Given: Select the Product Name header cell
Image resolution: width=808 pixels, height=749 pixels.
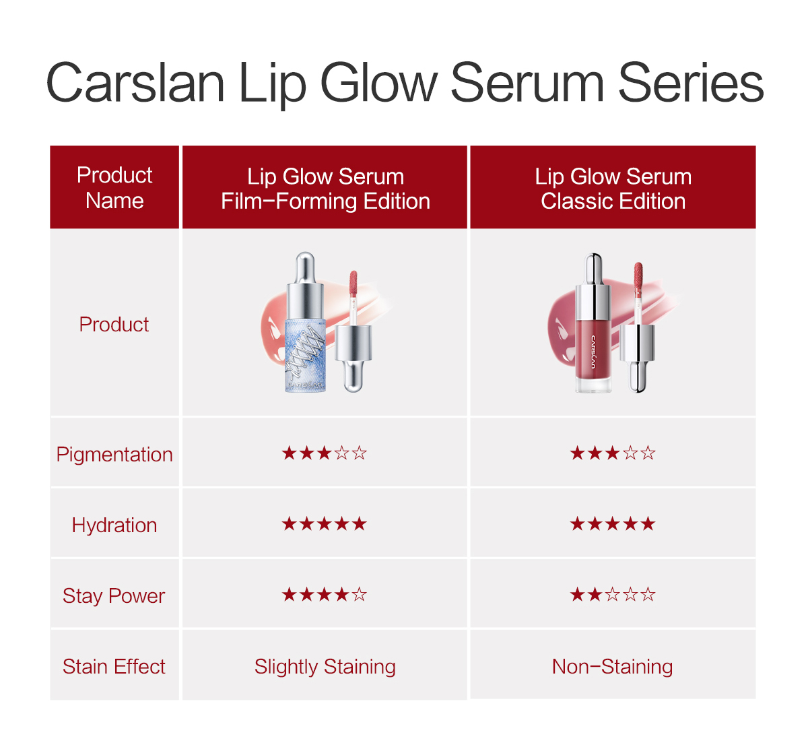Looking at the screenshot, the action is click(114, 187).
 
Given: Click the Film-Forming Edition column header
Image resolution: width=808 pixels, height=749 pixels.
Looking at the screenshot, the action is click(325, 187).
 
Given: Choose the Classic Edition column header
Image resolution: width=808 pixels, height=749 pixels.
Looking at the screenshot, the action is click(613, 187).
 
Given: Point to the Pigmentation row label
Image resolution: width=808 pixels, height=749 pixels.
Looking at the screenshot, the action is click(114, 454).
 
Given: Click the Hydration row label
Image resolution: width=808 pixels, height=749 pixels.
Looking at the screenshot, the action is click(114, 525).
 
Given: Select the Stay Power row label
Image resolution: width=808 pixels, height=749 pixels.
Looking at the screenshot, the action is click(114, 596).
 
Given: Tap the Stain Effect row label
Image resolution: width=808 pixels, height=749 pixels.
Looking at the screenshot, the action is click(114, 666).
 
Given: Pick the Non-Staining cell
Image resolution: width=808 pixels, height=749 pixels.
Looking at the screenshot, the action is click(612, 666).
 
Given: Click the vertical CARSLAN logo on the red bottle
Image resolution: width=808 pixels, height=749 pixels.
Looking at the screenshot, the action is click(593, 352).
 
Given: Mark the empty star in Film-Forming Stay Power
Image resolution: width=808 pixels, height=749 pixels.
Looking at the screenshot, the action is click(360, 594).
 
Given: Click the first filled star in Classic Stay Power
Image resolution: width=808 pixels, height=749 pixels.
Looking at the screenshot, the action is click(577, 594).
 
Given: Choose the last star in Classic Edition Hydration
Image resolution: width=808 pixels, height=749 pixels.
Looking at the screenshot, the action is click(648, 523).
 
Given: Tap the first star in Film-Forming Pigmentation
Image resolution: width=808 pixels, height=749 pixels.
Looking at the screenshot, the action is click(289, 453).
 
